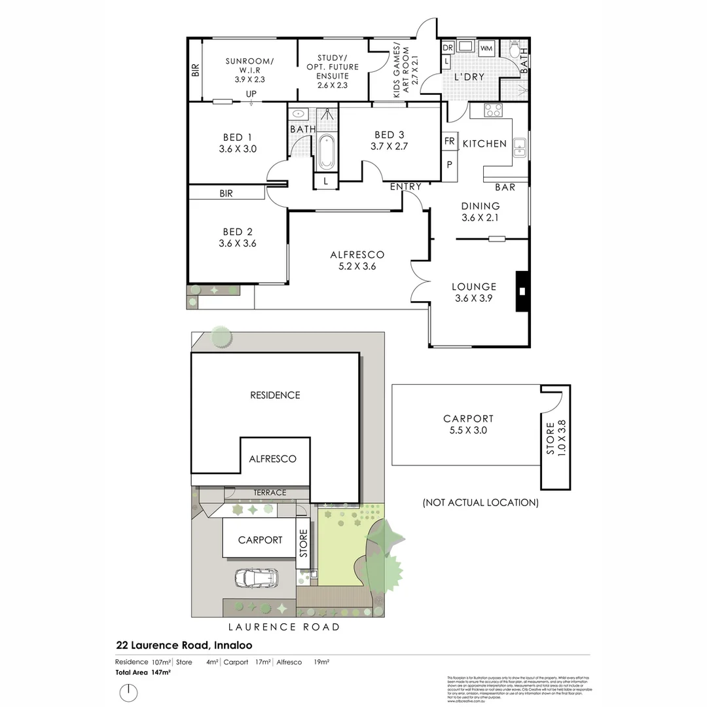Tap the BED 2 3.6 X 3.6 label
point(237,237)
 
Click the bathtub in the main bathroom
point(326,153)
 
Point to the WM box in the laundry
point(486,49)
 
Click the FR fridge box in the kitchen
point(450,141)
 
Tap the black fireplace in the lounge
point(522,291)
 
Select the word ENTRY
point(405,187)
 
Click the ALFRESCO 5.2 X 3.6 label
point(357,261)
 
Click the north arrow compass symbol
point(129,692)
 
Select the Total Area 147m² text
point(143,672)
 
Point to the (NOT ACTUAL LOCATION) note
point(480,503)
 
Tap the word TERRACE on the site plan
point(270,492)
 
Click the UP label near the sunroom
point(251,94)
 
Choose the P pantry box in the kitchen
point(450,164)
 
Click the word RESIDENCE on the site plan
point(275,395)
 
